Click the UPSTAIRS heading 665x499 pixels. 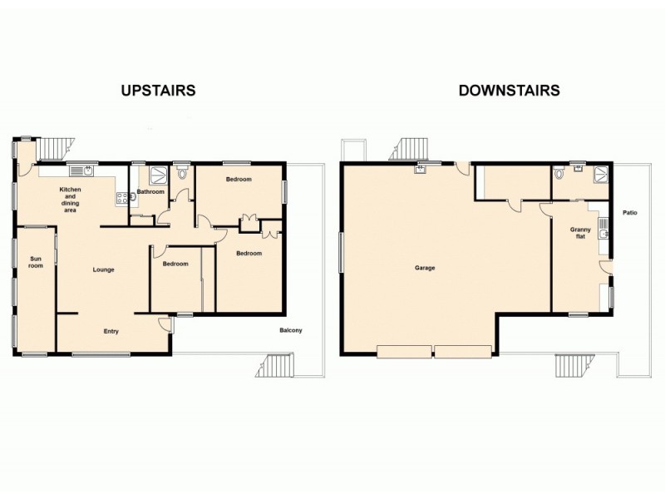(158, 90)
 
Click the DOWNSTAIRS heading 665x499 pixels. (509, 90)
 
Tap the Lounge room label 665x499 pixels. (103, 269)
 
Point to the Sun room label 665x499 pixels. (36, 262)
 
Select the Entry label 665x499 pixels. (111, 331)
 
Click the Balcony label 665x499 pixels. (290, 331)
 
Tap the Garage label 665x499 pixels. (426, 268)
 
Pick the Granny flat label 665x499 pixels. (579, 233)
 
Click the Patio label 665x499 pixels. (630, 213)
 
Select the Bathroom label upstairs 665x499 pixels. (151, 191)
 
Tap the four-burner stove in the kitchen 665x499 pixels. (121, 198)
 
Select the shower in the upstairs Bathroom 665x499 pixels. (159, 174)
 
